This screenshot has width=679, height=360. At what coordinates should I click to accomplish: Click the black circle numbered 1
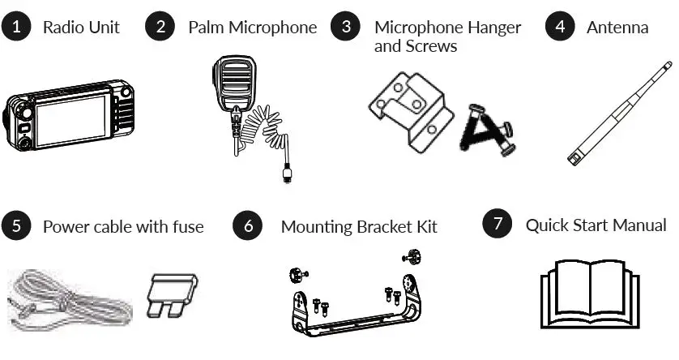[x=17, y=27]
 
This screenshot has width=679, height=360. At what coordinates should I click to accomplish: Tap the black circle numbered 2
[x=160, y=27]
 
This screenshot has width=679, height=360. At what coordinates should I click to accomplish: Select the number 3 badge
[x=347, y=27]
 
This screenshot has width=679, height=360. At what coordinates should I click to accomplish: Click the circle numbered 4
[x=559, y=27]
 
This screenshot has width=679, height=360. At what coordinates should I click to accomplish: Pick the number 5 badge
[x=17, y=225]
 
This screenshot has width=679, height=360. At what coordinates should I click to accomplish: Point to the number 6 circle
[x=248, y=225]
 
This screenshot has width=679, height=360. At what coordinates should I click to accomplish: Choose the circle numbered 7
[x=497, y=224]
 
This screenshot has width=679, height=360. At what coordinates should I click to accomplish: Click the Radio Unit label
[x=81, y=28]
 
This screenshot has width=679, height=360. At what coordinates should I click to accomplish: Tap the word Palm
[x=206, y=28]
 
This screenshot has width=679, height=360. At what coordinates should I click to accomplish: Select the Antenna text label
[x=617, y=28]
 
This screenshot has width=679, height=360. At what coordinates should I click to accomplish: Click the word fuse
[x=186, y=226]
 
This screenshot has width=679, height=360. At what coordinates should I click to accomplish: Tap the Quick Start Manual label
[x=596, y=225]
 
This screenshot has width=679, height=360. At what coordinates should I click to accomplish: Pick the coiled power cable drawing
[x=69, y=300]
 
